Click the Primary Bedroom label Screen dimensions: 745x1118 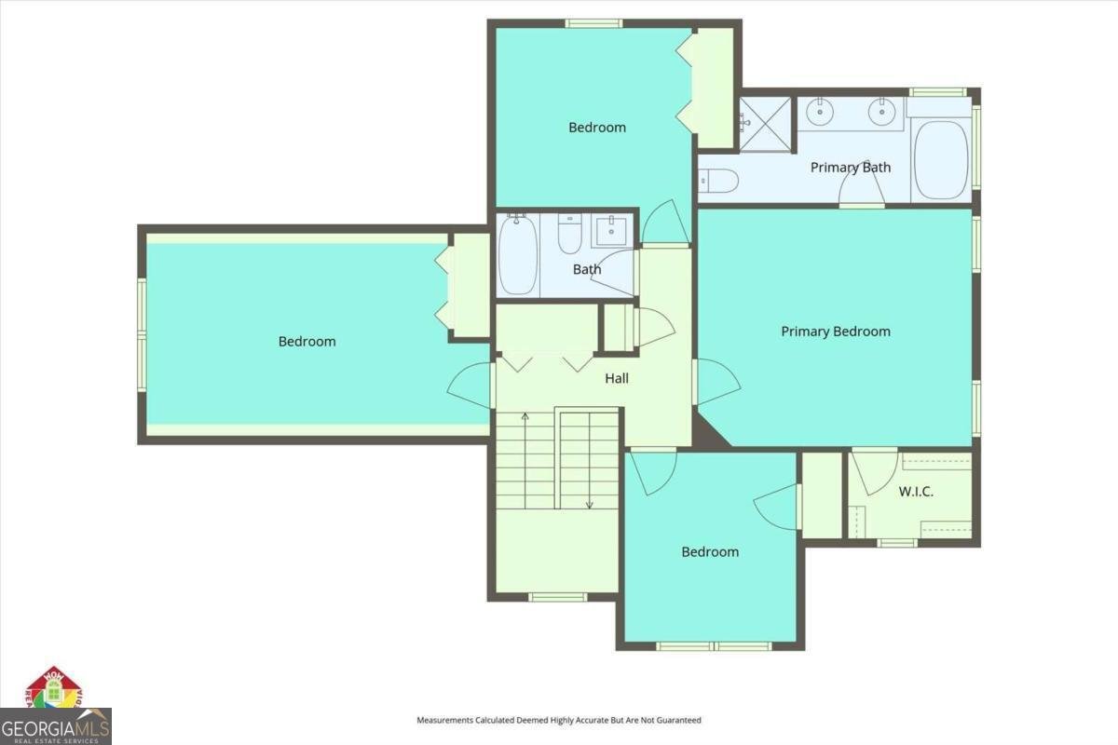(x=835, y=332)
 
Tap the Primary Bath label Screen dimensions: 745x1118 (x=850, y=168)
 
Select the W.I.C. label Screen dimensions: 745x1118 (x=916, y=492)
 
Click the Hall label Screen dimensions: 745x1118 (x=617, y=378)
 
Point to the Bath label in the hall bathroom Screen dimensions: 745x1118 (x=587, y=270)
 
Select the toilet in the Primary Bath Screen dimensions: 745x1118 (x=719, y=179)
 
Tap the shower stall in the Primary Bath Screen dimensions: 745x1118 (x=766, y=123)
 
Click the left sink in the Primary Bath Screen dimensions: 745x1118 (x=819, y=113)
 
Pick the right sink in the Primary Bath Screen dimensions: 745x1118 (x=881, y=113)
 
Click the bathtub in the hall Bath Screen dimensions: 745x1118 (x=518, y=255)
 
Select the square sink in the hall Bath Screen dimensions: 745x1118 (x=612, y=229)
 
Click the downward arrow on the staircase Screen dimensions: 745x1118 (x=589, y=503)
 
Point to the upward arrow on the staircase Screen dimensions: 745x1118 (x=525, y=416)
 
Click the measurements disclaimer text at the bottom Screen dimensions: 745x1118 (x=558, y=720)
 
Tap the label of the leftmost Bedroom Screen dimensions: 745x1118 (x=307, y=342)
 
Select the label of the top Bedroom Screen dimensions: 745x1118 (x=597, y=128)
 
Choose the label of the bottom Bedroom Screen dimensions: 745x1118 (x=710, y=552)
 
